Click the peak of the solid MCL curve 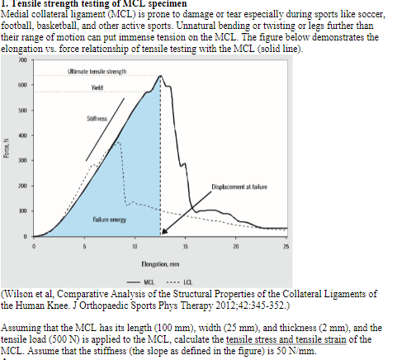(160, 76)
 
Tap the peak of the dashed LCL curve (119, 141)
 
